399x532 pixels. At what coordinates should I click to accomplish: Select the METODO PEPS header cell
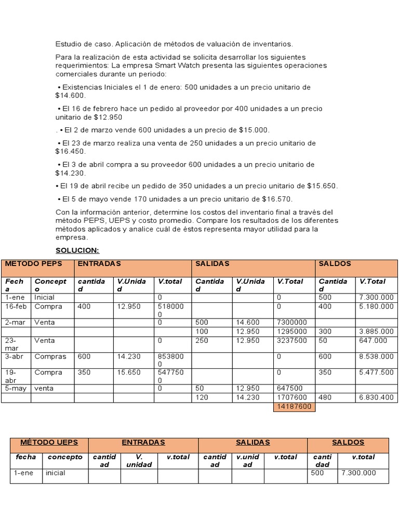[33, 263]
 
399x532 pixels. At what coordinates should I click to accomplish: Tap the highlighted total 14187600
[294, 407]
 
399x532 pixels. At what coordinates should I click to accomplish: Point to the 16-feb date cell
[15, 307]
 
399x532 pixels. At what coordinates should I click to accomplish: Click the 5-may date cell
[16, 388]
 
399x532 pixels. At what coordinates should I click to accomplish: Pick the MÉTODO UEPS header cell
[49, 442]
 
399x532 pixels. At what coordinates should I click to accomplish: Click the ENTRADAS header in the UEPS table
[143, 442]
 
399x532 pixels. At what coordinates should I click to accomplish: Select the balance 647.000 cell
[373, 341]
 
